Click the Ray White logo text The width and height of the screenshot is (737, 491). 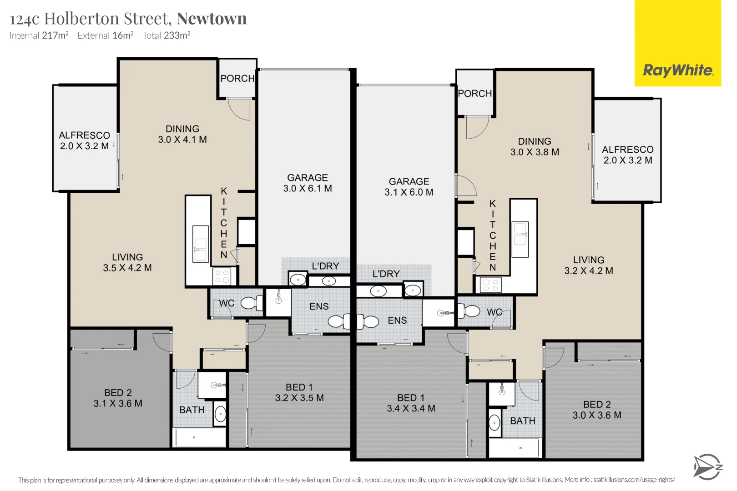[x=677, y=70]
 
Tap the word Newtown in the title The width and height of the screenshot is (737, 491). [x=212, y=19]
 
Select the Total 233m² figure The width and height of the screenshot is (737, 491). [x=166, y=35]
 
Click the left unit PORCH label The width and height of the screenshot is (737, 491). [x=237, y=79]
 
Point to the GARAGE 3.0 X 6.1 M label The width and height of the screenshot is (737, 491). [x=308, y=183]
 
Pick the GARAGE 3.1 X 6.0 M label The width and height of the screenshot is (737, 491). [x=409, y=187]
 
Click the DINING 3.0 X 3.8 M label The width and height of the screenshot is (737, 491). [x=535, y=147]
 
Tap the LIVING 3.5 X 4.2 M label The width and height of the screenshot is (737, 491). [x=127, y=263]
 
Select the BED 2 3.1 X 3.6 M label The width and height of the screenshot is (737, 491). [x=118, y=398]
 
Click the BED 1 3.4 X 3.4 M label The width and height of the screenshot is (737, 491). [x=411, y=403]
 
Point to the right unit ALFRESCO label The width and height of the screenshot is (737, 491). [x=628, y=155]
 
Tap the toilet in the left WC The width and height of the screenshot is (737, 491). [x=252, y=303]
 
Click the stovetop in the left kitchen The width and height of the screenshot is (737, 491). [x=222, y=276]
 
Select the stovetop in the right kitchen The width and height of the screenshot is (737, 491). [x=490, y=285]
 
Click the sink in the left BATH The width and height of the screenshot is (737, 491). [x=220, y=414]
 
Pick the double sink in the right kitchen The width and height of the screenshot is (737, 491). [x=520, y=240]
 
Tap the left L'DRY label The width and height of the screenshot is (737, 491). [x=325, y=266]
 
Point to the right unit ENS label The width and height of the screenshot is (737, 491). [x=397, y=321]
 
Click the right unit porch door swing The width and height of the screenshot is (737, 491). [x=477, y=127]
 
